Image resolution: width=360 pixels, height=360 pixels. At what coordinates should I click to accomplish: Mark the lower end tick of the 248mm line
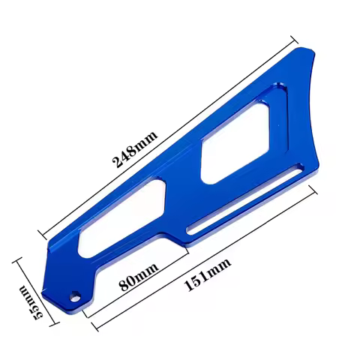pos(44,235)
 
